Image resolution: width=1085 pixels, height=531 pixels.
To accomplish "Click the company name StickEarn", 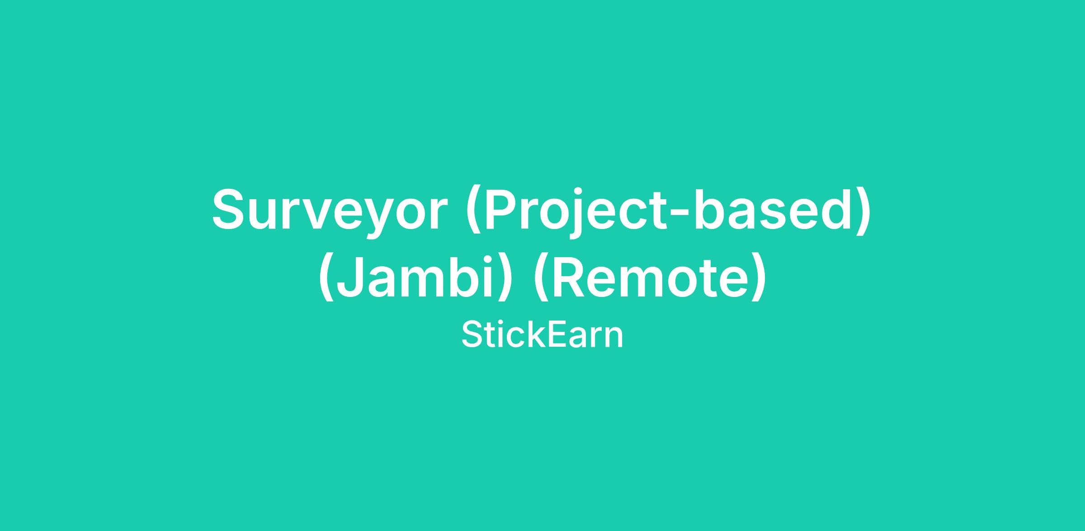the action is (x=542, y=335).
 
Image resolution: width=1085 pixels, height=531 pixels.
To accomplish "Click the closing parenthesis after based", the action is (x=864, y=210).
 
